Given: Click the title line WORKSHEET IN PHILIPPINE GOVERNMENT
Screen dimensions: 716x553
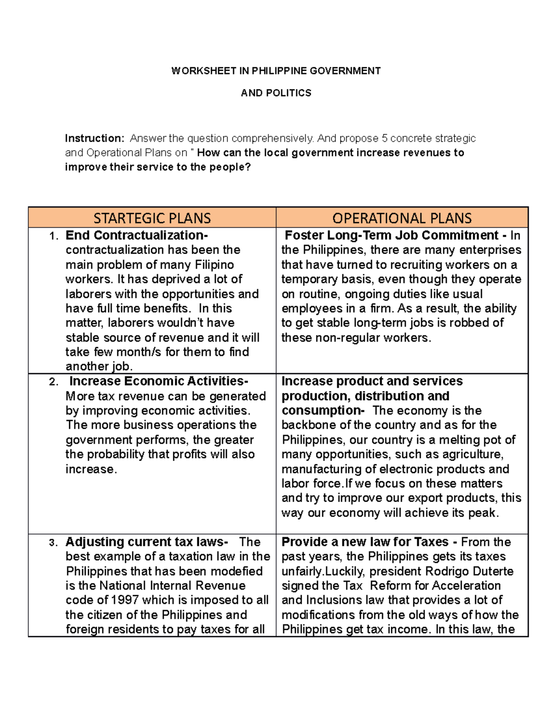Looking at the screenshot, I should (x=276, y=71).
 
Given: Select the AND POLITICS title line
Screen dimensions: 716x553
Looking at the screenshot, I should (x=276, y=93).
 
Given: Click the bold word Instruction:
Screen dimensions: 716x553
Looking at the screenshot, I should (x=94, y=138).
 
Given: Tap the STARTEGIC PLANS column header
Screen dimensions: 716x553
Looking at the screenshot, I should (x=152, y=218).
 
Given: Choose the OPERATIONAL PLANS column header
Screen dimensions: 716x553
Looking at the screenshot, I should (x=402, y=218).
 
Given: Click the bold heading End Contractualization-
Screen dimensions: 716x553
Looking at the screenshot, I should (x=136, y=236).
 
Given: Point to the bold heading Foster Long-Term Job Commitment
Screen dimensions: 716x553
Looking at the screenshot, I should (x=392, y=236).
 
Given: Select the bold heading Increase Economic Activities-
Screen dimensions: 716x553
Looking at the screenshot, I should (x=159, y=381).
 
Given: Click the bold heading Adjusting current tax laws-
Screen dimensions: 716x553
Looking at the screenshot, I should (x=147, y=542).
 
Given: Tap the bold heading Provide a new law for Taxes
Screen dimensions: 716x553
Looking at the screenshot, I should (x=365, y=542).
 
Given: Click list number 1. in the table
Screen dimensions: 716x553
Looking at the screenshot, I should (x=54, y=237).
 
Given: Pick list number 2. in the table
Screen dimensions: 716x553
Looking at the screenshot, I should (x=54, y=382).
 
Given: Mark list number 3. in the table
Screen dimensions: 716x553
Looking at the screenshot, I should (x=54, y=543).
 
